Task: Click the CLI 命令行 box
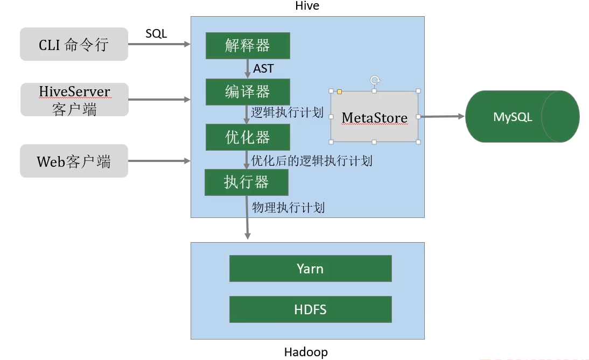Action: point(74,44)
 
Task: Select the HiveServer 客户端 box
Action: point(74,100)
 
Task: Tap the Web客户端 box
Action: point(74,161)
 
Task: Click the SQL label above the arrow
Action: point(156,34)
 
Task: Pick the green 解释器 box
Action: point(248,45)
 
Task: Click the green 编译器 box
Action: point(248,91)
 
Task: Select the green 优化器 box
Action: point(248,137)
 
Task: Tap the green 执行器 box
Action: point(247,182)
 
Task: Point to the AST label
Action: point(263,69)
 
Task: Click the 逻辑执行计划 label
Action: point(288,112)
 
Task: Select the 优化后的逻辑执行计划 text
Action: point(312,161)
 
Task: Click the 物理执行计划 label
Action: point(288,208)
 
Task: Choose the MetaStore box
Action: point(375,117)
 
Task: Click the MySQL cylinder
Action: point(523,116)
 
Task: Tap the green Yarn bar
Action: point(310,269)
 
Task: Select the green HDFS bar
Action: point(310,309)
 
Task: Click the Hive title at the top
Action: point(307,5)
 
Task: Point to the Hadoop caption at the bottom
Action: point(306,352)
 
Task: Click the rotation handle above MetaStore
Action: point(375,80)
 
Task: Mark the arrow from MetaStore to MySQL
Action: point(441,116)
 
